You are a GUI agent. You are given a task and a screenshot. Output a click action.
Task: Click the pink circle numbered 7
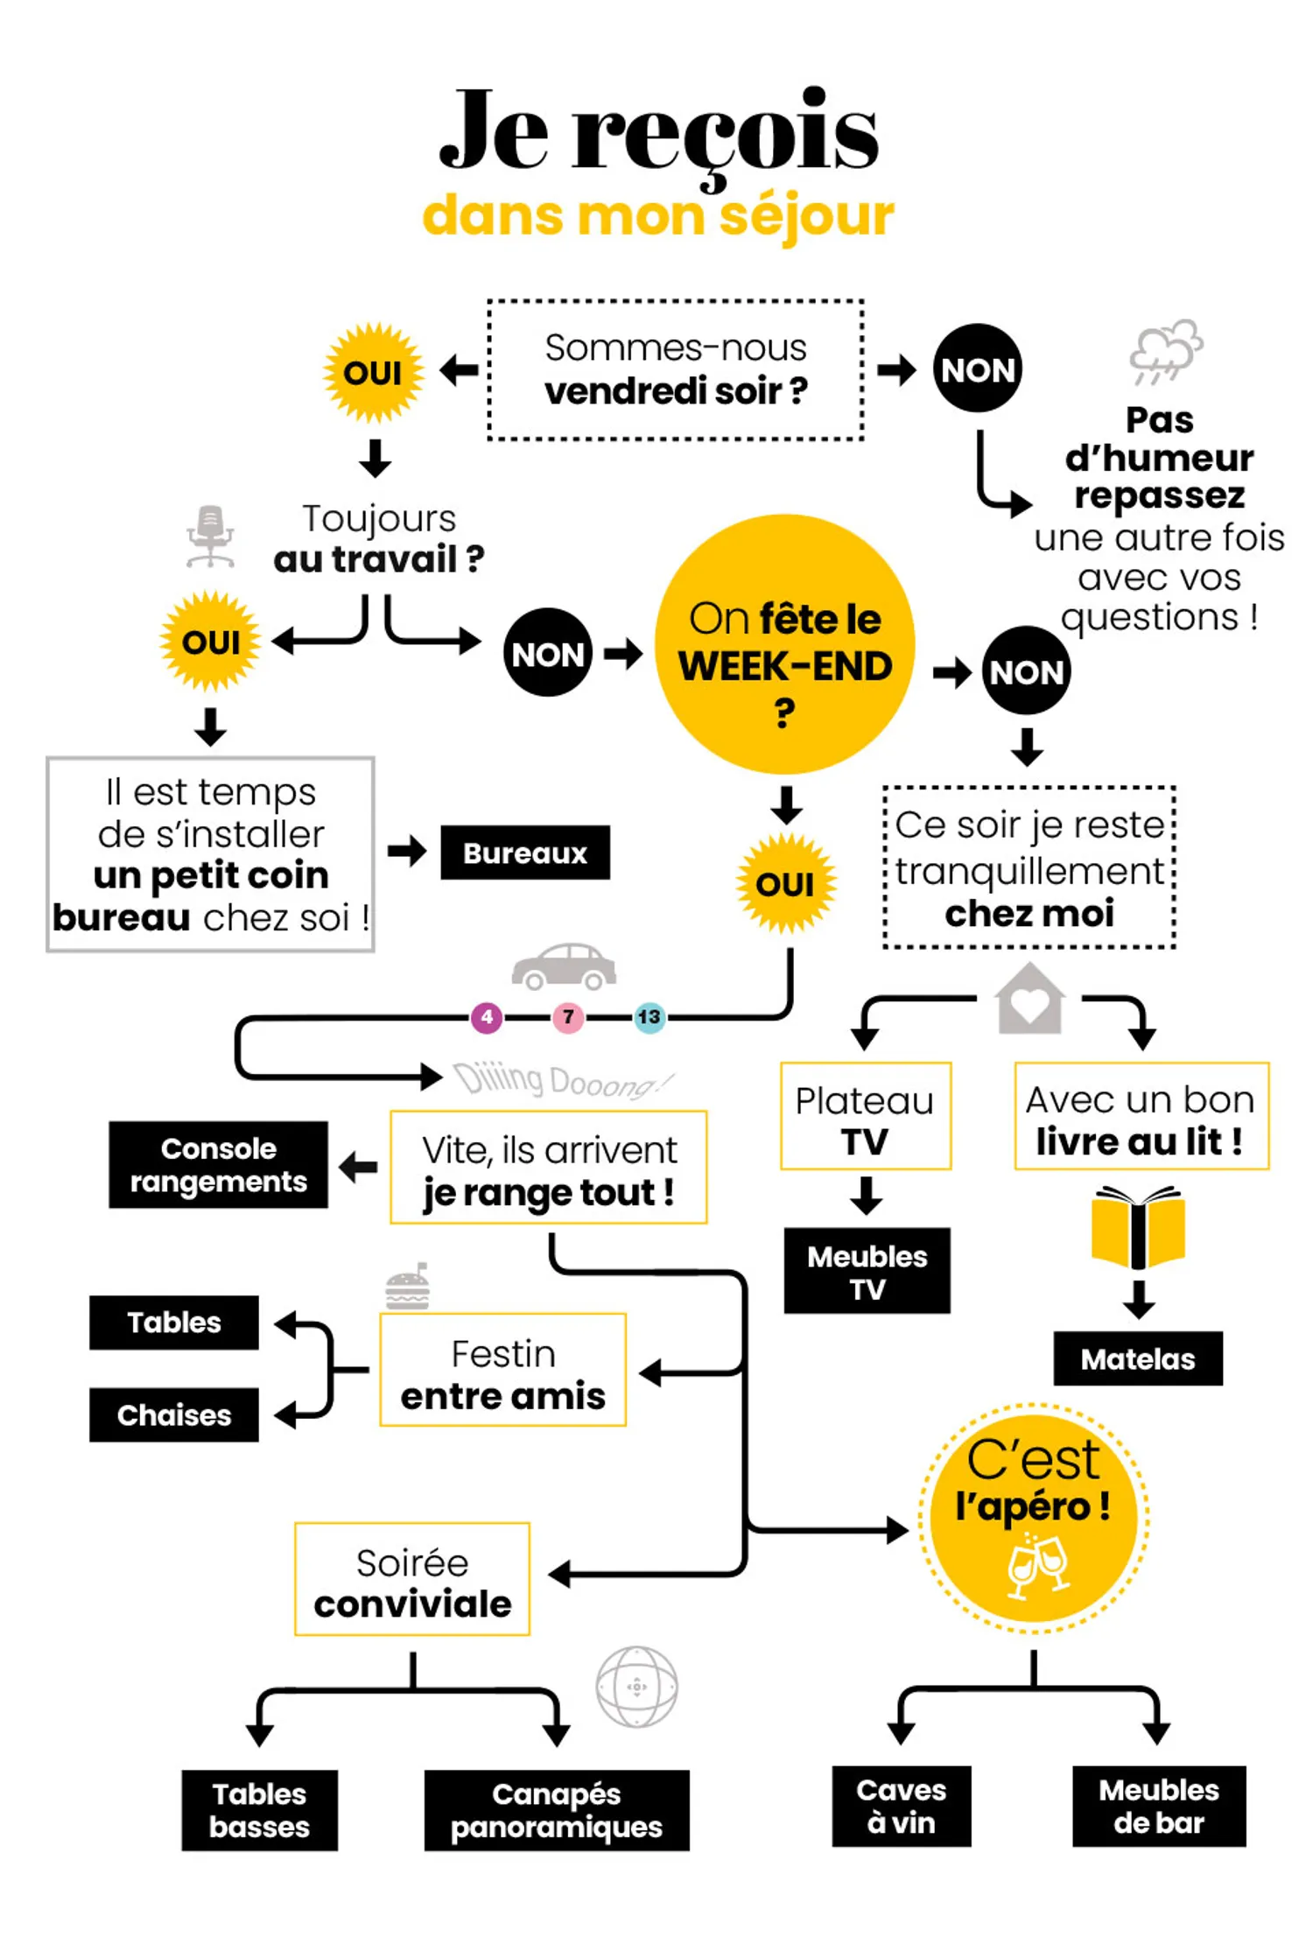(567, 1017)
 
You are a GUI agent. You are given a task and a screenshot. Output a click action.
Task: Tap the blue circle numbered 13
(649, 1017)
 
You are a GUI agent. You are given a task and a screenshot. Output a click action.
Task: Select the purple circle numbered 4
(487, 1017)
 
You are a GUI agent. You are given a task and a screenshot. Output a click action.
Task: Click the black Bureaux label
(524, 853)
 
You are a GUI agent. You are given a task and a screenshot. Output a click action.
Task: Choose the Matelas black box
(1137, 1358)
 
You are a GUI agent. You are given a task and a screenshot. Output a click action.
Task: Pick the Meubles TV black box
(867, 1271)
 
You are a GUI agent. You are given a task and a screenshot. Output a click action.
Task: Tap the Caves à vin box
(901, 1806)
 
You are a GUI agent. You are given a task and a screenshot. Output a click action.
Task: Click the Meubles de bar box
(1158, 1806)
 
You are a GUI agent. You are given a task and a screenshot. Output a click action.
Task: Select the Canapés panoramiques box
(556, 1810)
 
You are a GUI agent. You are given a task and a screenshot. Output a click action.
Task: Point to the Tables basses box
(259, 1810)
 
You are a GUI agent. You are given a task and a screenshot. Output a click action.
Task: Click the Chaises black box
(173, 1414)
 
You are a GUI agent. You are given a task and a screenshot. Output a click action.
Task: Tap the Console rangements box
(218, 1165)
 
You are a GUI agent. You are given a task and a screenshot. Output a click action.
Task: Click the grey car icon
(564, 966)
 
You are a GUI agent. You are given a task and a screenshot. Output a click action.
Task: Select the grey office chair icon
(210, 536)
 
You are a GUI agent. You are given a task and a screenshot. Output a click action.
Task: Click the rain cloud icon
(1165, 350)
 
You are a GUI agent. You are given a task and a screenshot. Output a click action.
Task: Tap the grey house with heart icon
(1030, 1000)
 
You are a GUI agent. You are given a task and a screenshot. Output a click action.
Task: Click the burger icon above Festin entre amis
(408, 1288)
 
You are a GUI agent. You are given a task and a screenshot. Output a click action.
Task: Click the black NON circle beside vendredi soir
(977, 368)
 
